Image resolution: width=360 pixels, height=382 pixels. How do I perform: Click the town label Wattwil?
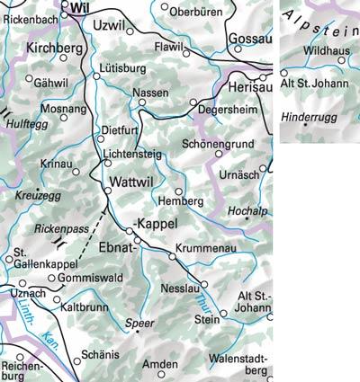click(133, 182)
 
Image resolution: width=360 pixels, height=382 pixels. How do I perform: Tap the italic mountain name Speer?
click(141, 321)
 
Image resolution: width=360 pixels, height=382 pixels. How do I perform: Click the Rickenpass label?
click(62, 229)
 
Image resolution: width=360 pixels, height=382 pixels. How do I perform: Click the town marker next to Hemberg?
click(178, 191)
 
